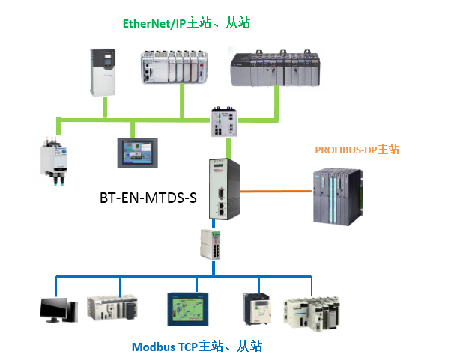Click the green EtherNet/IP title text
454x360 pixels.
pos(186,24)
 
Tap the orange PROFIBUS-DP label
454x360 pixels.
pos(357,150)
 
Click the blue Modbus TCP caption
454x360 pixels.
pos(197,347)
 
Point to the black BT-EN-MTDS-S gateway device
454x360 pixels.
pos(222,191)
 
